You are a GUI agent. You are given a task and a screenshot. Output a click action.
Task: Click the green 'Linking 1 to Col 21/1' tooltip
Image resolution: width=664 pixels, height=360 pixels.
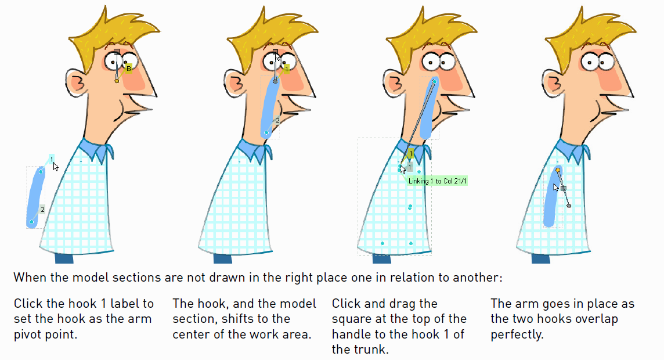coord(436,181)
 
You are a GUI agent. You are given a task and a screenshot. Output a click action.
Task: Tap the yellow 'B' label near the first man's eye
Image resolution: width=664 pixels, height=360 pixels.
coord(129,68)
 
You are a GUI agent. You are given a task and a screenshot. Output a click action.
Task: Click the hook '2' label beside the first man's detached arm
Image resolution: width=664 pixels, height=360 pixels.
coord(42,210)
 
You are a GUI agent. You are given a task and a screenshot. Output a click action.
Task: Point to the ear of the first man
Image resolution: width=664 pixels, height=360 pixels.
coord(76,83)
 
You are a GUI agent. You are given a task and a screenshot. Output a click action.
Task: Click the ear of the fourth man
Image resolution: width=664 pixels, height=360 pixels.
coord(553,83)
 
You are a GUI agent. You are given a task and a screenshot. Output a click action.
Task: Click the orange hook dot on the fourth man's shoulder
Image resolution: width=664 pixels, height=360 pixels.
coord(558,170)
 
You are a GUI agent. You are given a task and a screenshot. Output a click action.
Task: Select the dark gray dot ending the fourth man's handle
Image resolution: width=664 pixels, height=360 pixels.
coord(569,206)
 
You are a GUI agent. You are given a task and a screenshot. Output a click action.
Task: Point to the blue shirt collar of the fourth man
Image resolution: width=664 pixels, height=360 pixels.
coord(572,151)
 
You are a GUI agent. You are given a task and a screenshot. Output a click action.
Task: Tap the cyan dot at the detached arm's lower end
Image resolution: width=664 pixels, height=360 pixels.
coord(31,222)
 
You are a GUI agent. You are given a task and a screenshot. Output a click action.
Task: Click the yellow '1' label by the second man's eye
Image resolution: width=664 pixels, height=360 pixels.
coord(287,69)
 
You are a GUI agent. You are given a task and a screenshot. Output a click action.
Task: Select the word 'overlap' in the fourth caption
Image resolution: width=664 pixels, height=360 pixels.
coord(596,319)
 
